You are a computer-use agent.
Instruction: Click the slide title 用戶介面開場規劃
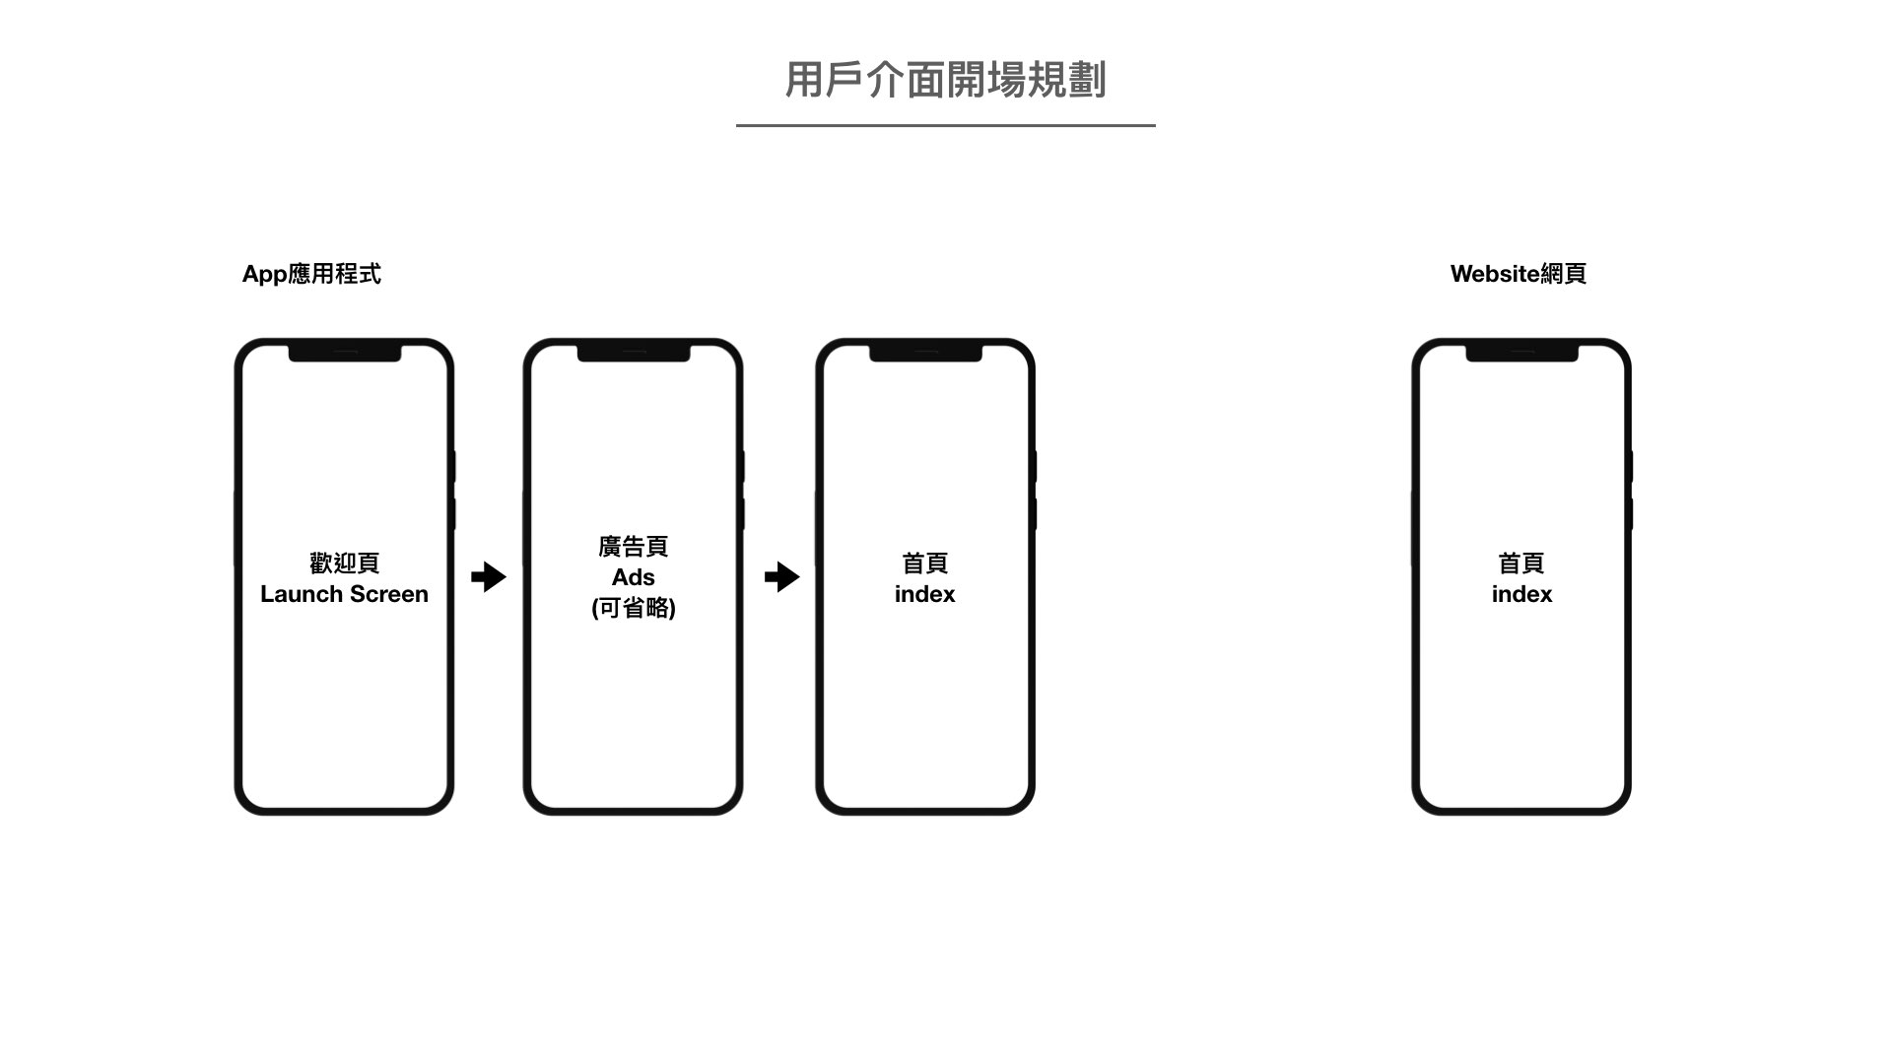945,80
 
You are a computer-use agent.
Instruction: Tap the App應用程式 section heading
311,274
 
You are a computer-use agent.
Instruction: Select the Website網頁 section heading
1518,274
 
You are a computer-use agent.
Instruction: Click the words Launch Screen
344,594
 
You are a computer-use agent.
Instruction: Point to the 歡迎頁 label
344,564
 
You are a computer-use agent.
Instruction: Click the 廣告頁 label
633,547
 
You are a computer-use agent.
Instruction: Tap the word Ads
633,577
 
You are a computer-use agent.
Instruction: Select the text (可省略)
633,608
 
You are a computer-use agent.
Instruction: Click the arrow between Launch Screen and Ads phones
489,576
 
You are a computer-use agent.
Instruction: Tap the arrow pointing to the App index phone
782,576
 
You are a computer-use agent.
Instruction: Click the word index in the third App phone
924,594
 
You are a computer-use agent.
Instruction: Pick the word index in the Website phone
1521,594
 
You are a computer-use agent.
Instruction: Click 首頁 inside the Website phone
1521,564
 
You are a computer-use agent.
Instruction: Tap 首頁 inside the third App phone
924,564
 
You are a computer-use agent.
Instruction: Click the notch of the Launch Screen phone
344,353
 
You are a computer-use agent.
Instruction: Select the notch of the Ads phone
633,353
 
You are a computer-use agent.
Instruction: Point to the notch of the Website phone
1521,353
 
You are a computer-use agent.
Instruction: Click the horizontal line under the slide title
945,125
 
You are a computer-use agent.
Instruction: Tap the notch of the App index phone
925,353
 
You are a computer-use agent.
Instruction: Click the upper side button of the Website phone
1630,466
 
